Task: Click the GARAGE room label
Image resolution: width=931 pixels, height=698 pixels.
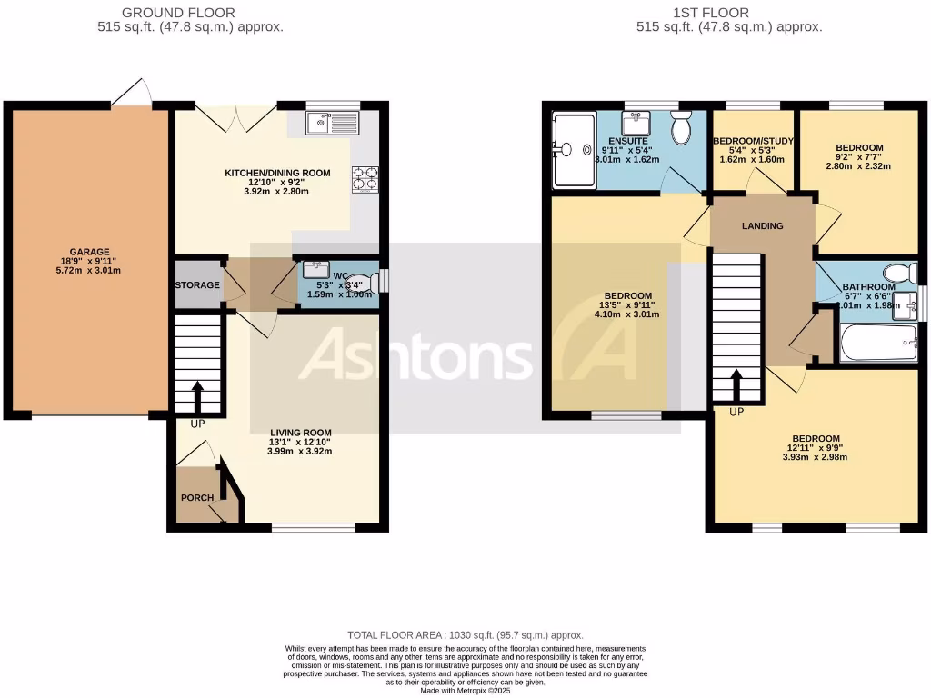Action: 89,252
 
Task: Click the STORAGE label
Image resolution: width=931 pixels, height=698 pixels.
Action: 197,285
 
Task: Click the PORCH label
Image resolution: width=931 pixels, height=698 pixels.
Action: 196,497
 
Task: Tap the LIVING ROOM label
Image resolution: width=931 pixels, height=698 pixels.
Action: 300,433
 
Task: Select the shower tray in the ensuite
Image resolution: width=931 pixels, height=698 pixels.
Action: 572,148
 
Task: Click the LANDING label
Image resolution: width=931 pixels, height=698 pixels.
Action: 762,225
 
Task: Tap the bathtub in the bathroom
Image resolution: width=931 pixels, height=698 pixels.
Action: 878,344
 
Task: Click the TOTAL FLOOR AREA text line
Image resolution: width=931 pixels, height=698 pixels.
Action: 465,635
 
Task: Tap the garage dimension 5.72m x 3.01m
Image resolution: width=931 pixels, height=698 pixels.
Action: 89,271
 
